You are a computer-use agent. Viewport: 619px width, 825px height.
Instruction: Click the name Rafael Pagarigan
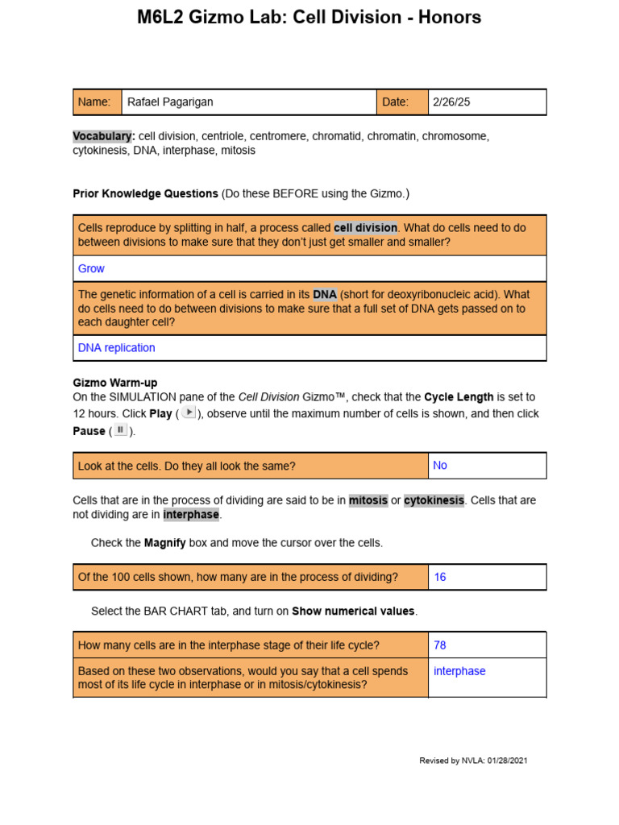point(170,102)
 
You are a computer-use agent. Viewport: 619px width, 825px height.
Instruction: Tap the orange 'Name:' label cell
point(97,102)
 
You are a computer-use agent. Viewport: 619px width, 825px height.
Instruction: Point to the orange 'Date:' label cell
point(401,102)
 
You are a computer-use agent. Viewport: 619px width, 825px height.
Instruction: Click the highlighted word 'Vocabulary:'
point(104,136)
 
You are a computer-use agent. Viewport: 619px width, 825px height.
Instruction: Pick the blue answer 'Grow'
point(91,268)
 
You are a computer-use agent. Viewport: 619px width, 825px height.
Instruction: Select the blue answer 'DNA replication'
point(116,348)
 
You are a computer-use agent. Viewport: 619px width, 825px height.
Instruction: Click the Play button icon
point(187,412)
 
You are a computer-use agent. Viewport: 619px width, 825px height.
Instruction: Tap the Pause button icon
point(119,430)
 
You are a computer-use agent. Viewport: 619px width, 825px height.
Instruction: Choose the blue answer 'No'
point(440,465)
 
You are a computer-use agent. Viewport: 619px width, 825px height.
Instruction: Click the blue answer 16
point(440,577)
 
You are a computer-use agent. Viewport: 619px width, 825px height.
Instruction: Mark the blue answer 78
point(440,645)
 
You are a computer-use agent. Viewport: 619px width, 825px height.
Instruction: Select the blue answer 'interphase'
point(459,671)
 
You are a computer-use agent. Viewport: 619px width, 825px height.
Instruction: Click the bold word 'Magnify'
point(164,543)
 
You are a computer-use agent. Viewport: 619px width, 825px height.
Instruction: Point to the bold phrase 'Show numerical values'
point(353,611)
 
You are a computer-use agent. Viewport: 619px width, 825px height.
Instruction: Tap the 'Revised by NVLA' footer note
point(473,761)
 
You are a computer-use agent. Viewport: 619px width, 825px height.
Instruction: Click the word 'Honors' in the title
point(441,17)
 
